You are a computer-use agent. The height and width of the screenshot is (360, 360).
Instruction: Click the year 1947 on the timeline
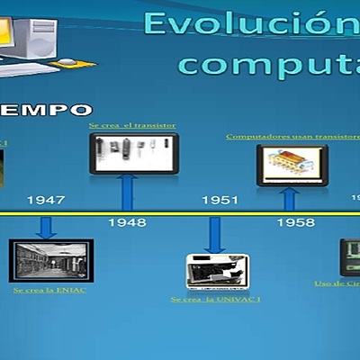pyautogui.click(x=45, y=200)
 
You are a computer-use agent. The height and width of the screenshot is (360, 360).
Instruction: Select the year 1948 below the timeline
pyautogui.click(x=127, y=221)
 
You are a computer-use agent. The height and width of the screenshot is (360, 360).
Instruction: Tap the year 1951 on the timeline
pyautogui.click(x=220, y=200)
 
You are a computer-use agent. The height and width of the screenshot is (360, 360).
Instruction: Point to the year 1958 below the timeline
pyautogui.click(x=295, y=221)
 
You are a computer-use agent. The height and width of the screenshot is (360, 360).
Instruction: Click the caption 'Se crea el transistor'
pyautogui.click(x=132, y=125)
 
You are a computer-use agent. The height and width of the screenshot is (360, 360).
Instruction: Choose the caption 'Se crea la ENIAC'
pyautogui.click(x=49, y=291)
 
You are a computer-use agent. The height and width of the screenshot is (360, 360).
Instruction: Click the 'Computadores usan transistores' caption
pyautogui.click(x=292, y=137)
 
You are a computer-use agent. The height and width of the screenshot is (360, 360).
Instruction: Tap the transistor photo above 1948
pyautogui.click(x=133, y=152)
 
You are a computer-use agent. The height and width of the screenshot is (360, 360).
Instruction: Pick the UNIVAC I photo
pyautogui.click(x=217, y=271)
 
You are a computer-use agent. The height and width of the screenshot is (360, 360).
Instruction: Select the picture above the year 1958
pyautogui.click(x=292, y=165)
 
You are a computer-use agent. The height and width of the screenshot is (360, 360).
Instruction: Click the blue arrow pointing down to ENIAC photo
pyautogui.click(x=46, y=226)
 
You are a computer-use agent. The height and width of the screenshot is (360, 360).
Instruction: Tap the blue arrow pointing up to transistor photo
pyautogui.click(x=128, y=193)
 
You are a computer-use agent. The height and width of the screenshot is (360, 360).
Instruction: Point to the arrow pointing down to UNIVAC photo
pyautogui.click(x=213, y=233)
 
